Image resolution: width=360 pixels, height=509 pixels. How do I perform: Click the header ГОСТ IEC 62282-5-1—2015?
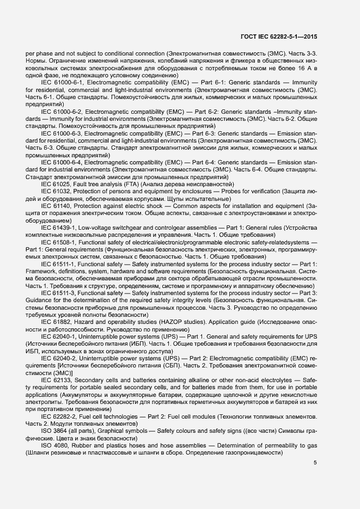pyautogui.click(x=278, y=37)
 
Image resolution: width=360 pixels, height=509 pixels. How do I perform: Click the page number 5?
pyautogui.click(x=315, y=463)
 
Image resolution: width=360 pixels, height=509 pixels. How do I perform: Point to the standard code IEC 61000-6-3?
pyautogui.click(x=62, y=133)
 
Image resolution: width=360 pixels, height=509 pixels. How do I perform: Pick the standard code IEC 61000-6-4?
pyautogui.click(x=62, y=162)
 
